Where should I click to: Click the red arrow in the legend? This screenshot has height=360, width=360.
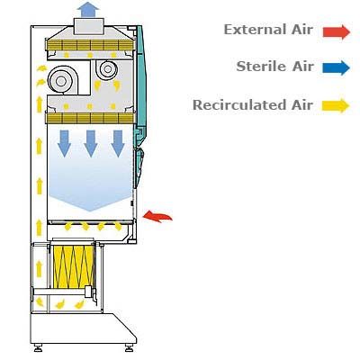(337, 31)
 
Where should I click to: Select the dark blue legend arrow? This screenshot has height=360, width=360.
(337, 67)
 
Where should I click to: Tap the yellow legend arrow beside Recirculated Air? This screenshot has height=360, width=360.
(336, 105)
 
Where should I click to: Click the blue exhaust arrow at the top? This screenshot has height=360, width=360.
(88, 9)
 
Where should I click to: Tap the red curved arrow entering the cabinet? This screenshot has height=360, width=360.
(157, 216)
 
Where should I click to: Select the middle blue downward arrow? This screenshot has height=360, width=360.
(91, 144)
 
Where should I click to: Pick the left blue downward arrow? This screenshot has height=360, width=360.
(64, 144)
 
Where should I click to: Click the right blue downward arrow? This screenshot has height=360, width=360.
(118, 144)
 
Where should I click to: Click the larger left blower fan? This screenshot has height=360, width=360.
(61, 80)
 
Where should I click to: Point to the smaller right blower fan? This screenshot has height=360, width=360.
(107, 70)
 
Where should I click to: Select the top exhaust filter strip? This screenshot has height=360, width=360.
(90, 45)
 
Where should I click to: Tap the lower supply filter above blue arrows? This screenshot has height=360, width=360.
(90, 118)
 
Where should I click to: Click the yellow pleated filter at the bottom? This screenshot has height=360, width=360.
(74, 265)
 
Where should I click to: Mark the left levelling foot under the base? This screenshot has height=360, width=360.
(38, 347)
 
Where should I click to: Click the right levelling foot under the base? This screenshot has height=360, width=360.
(129, 347)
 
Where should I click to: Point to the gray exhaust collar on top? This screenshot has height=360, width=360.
(89, 26)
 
